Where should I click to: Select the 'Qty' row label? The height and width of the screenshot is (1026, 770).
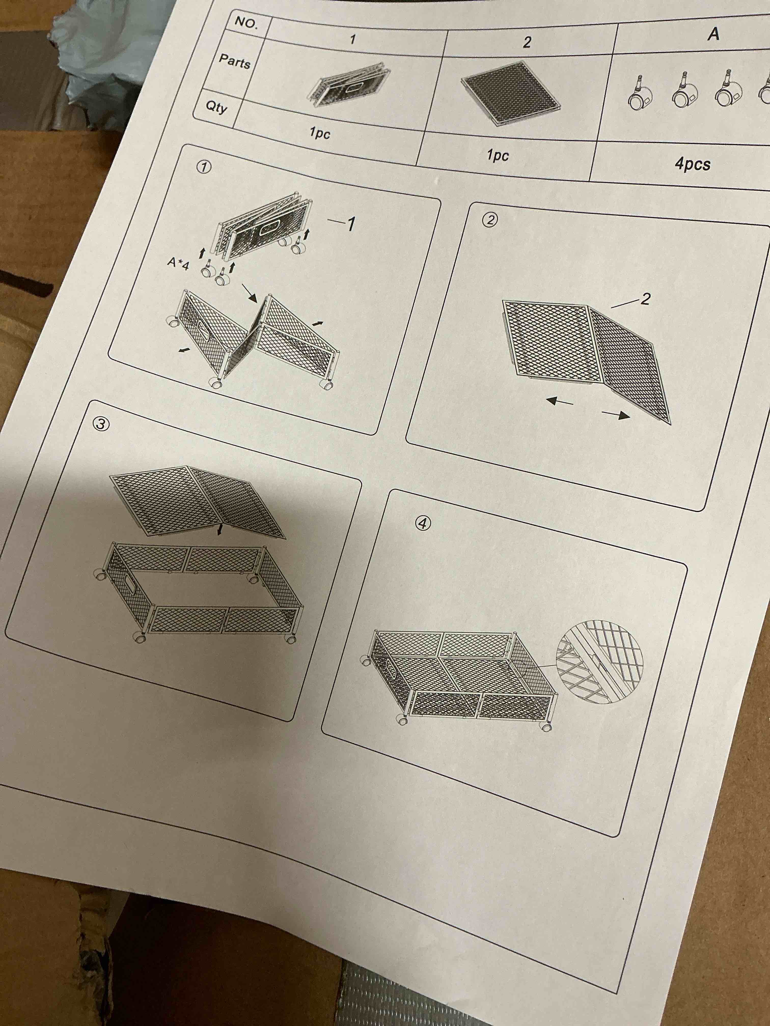click(x=216, y=107)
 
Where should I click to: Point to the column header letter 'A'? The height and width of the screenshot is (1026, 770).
click(x=714, y=33)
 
